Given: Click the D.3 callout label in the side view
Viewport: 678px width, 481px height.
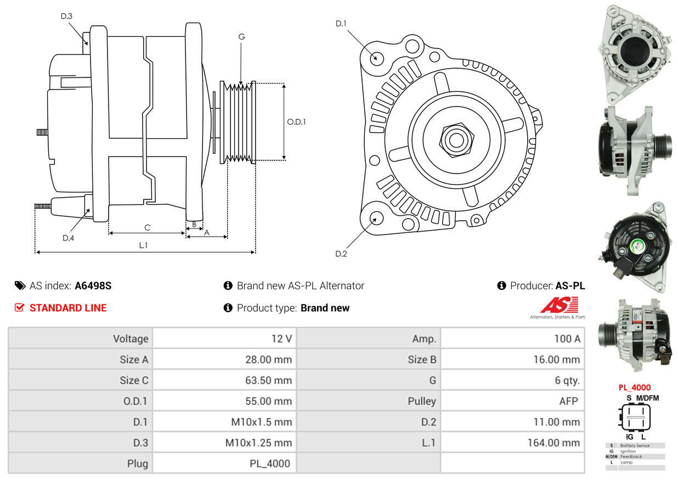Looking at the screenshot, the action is tap(66, 16).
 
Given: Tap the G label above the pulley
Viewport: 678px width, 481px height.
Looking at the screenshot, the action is tap(241, 37).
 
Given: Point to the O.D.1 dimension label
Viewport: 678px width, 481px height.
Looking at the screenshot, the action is tap(297, 122).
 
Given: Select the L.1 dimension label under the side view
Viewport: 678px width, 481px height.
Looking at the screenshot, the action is tap(144, 245).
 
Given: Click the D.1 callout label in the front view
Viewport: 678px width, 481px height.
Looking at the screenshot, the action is tap(341, 23).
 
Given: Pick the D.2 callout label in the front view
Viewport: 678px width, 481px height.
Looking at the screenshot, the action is tap(341, 254).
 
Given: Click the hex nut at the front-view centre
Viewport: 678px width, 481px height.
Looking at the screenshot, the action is tap(456, 140).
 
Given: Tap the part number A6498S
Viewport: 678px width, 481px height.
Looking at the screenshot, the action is tap(93, 286).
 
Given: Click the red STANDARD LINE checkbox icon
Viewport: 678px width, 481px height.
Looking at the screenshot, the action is tap(19, 307).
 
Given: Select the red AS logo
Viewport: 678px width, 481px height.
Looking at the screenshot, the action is tap(560, 305).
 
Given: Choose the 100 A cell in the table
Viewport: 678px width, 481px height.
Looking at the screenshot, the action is tap(567, 339).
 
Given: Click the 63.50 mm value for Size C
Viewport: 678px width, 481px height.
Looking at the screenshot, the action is tap(268, 380).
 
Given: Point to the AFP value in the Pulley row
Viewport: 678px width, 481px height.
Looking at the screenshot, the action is tap(569, 401).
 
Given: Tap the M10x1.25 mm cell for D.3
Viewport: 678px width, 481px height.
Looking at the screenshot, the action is tap(258, 443).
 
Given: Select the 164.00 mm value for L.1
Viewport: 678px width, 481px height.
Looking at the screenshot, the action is tap(553, 443).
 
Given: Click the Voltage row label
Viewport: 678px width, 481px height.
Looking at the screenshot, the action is tap(131, 339).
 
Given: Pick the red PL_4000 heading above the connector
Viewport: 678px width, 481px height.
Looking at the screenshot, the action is tap(635, 388).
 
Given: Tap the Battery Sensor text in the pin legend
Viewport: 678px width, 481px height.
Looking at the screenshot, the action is tap(635, 445).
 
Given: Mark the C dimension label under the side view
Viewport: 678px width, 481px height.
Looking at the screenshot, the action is tap(148, 227).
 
